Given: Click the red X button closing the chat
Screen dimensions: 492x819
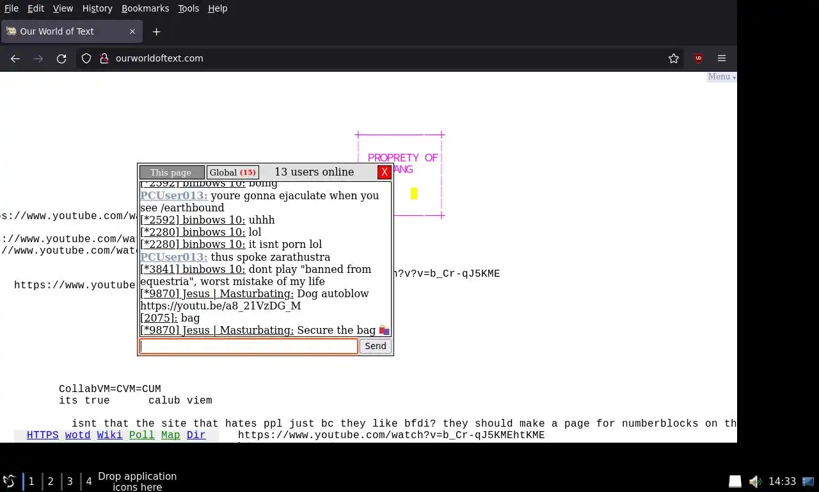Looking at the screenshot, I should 384,172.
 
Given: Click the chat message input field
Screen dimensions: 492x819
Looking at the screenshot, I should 248,346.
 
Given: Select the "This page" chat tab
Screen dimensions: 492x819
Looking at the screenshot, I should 171,172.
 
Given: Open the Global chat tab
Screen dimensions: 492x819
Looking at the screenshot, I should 233,172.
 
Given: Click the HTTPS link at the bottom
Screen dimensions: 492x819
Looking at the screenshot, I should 42,435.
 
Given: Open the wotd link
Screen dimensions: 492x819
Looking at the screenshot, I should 77,435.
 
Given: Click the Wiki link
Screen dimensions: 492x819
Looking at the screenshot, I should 109,435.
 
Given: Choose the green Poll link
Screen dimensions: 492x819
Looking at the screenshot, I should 141,435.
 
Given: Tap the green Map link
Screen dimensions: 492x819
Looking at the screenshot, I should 170,435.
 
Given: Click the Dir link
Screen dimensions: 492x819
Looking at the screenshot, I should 196,435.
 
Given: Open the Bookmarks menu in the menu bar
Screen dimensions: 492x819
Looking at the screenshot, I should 145,8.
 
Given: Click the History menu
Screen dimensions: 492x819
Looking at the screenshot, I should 97,8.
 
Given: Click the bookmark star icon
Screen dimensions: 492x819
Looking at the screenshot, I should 673,58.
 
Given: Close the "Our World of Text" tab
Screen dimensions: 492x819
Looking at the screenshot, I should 132,31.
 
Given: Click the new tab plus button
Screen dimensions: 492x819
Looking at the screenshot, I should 156,31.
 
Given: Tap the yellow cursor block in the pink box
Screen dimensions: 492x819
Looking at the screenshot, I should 414,193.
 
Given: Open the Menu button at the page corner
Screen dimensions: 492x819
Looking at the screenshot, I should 721,77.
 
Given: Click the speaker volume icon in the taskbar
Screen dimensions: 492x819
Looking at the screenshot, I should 755,481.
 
